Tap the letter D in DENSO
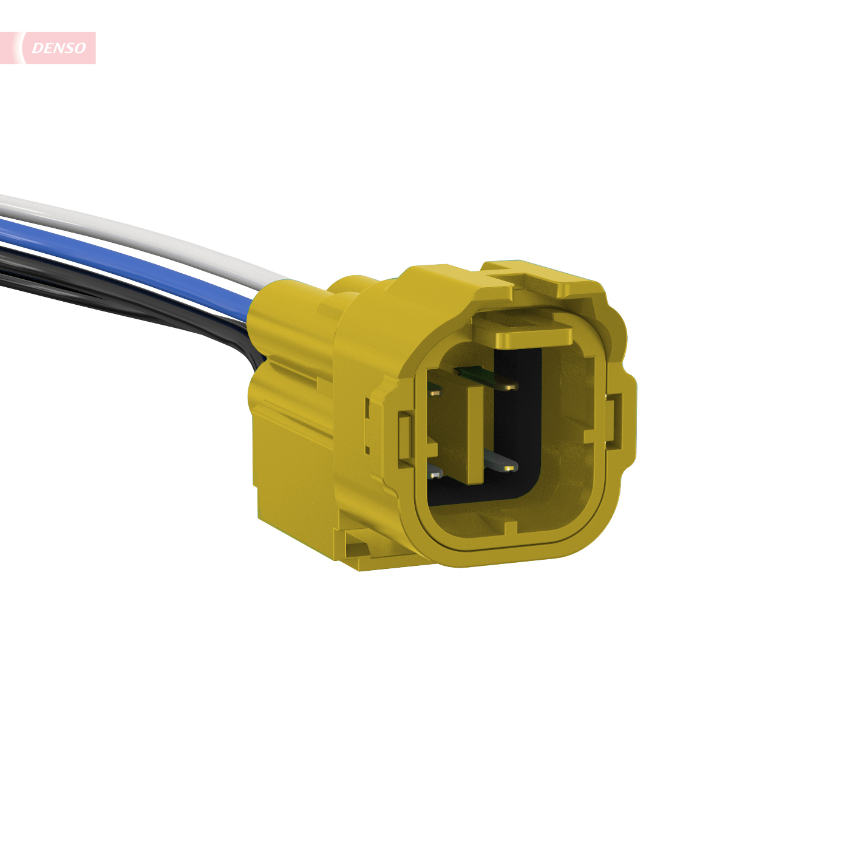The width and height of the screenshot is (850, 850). click(38, 48)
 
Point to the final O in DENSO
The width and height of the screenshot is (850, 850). click(79, 48)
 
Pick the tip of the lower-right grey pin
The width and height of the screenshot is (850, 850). click(509, 467)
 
